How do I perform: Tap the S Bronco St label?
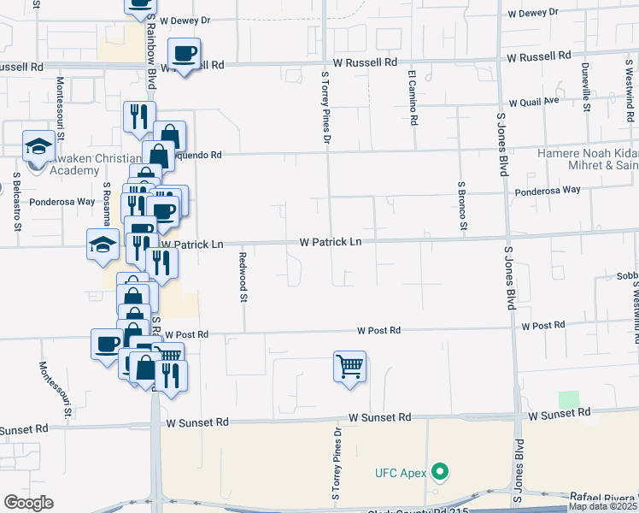tap(462, 205)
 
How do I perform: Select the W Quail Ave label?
tap(533, 100)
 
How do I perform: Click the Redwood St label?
tap(243, 277)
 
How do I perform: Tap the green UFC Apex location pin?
tap(441, 471)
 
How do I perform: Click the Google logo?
tap(28, 503)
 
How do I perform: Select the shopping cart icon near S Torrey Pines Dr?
tap(349, 367)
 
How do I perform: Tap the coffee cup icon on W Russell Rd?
tap(184, 54)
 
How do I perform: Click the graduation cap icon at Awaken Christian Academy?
tap(38, 146)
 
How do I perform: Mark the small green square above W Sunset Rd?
tap(568, 399)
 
